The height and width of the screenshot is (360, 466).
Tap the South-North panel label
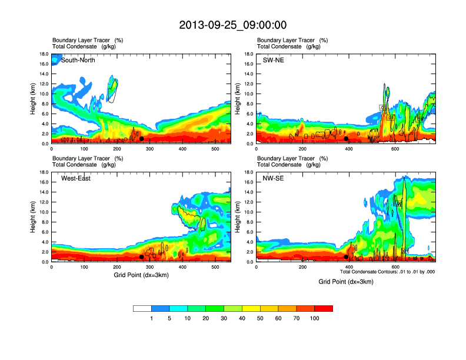point(79,60)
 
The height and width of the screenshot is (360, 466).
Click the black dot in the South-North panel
point(142,139)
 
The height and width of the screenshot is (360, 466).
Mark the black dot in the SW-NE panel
point(346,139)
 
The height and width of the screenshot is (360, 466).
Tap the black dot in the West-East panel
point(142,257)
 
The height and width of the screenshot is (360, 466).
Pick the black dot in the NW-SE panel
point(346,257)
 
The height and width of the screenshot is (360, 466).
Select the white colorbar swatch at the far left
point(142,308)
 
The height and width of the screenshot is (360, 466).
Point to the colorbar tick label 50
point(260,318)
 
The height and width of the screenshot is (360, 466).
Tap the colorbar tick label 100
point(315,318)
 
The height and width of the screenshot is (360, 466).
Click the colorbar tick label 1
point(151,318)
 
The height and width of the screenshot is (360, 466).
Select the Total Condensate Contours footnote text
point(387,272)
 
